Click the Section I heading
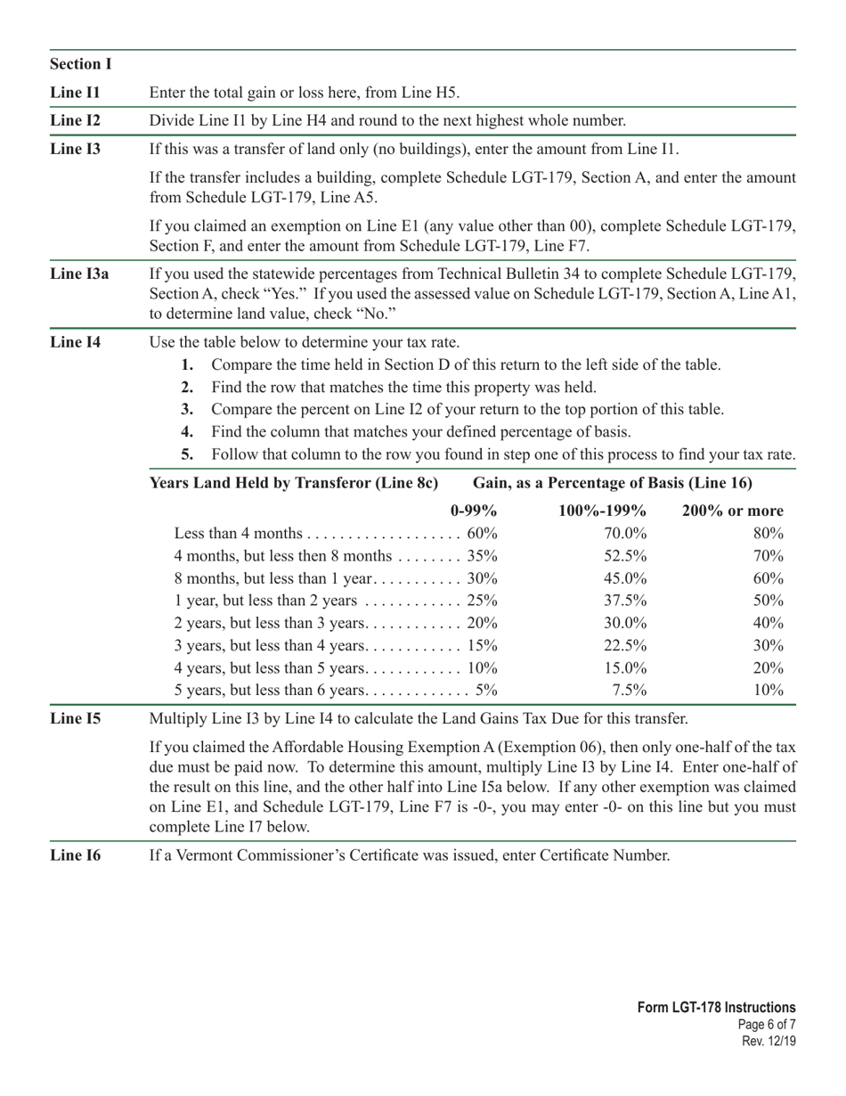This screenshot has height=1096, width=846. [81, 64]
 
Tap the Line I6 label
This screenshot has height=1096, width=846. [76, 855]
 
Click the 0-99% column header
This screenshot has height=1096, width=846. [474, 511]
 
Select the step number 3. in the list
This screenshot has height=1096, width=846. [187, 410]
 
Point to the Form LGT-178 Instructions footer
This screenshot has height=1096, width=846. [716, 1008]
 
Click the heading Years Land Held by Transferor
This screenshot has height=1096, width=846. [294, 483]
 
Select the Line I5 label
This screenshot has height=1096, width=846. [76, 718]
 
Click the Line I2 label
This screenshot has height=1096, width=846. [76, 120]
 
